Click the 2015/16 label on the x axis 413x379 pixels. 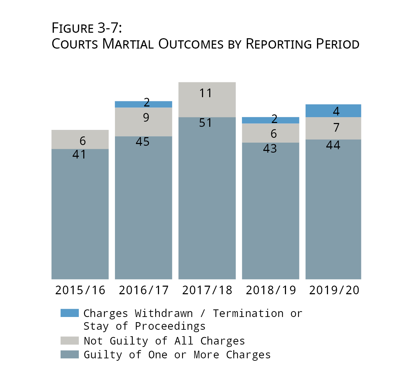(80, 290)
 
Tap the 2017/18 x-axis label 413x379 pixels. (207, 290)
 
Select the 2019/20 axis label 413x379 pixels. (334, 290)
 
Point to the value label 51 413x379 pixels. (205, 123)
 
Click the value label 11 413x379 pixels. (205, 93)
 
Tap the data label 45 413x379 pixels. (142, 142)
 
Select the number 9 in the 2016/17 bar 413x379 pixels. (146, 118)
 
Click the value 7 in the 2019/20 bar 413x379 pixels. (336, 128)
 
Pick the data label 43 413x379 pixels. (270, 148)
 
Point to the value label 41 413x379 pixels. (79, 154)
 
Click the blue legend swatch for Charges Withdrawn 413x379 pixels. (70, 313)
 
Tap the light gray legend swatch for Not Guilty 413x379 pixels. (70, 341)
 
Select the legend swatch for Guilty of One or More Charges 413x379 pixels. (70, 355)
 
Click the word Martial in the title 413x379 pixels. (128, 44)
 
